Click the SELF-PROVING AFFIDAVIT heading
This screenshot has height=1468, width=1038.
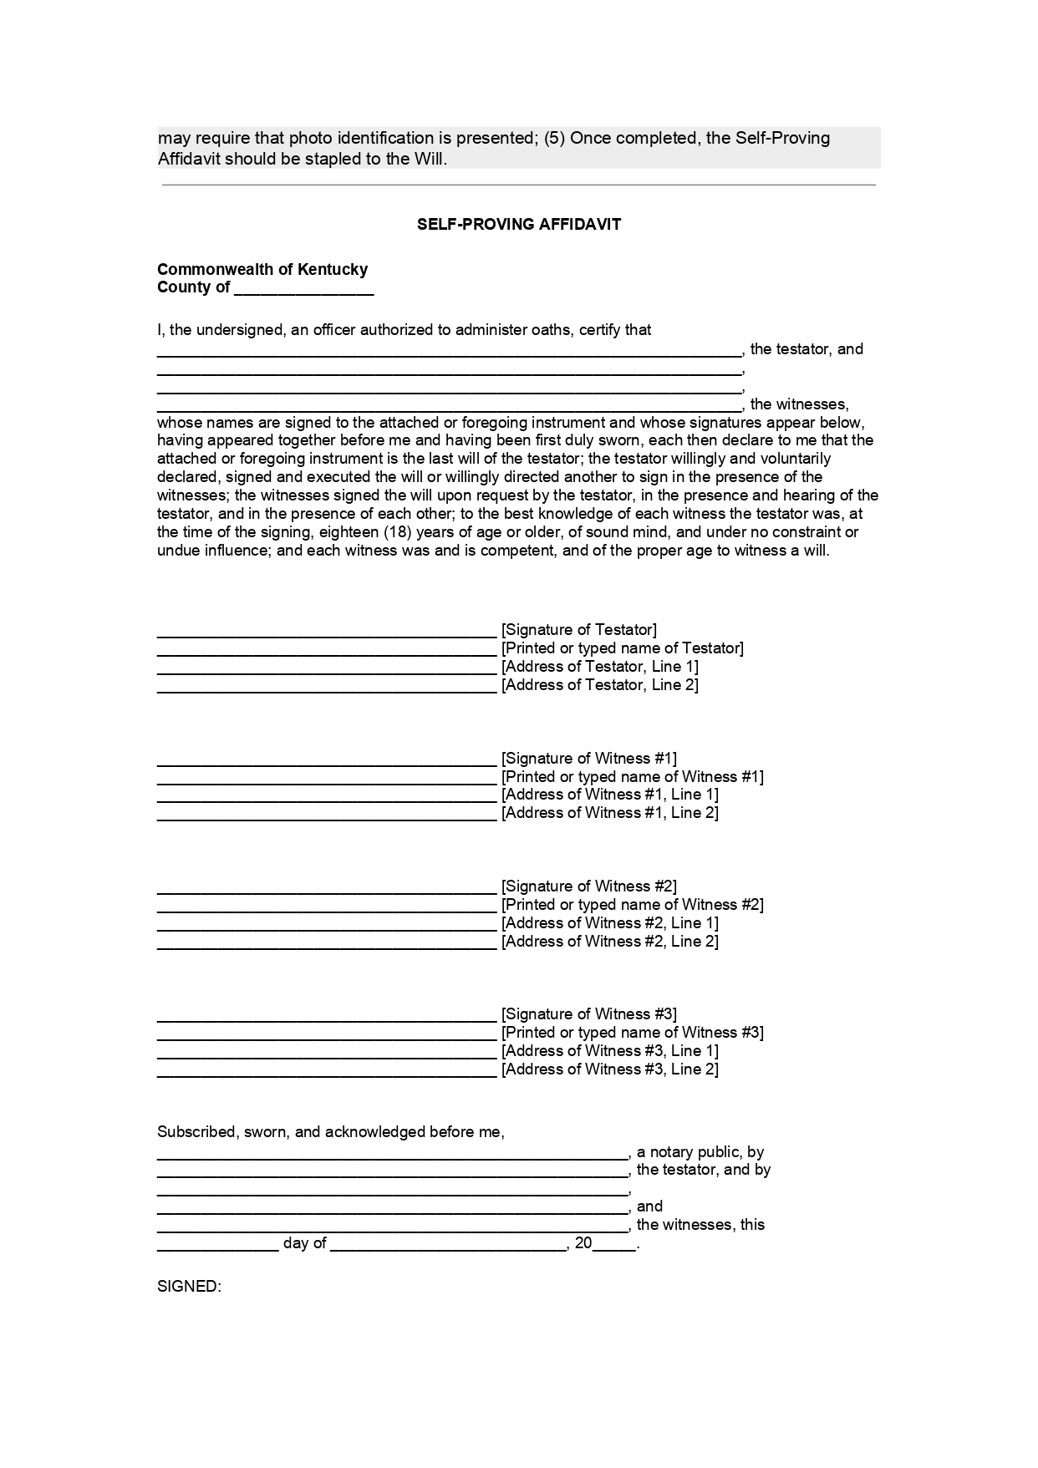[519, 224]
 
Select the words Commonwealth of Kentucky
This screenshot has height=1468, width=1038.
[262, 269]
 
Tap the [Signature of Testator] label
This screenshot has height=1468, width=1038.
[578, 629]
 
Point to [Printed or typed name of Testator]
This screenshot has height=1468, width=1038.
[622, 648]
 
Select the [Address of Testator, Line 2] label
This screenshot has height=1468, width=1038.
[599, 684]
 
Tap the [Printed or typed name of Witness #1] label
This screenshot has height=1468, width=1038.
[632, 776]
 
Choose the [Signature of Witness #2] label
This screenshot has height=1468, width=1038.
[588, 886]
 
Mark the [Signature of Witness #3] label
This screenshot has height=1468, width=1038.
[588, 1013]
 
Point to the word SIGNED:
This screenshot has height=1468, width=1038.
[189, 1286]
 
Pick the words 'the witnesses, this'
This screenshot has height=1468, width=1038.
[700, 1224]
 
